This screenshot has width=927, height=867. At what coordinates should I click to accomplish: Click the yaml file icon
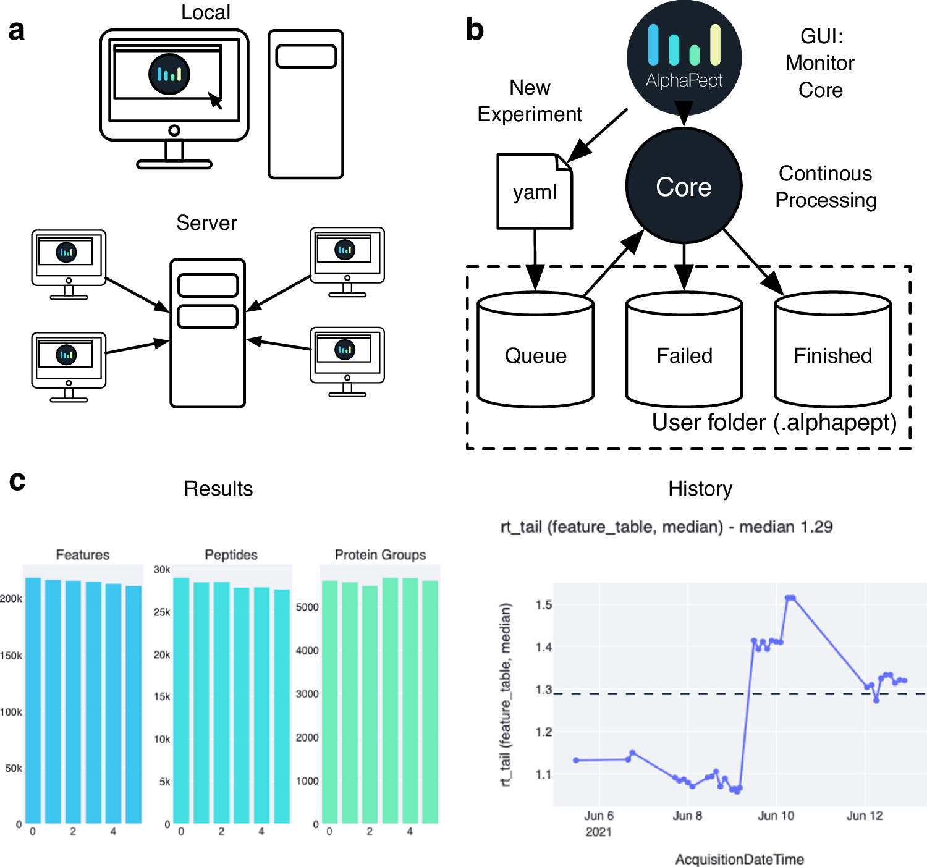tap(535, 192)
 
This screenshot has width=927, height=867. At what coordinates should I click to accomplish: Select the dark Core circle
tap(684, 186)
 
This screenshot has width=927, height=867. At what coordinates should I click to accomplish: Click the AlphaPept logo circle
tap(684, 57)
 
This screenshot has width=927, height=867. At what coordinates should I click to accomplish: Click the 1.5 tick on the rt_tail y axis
tap(544, 604)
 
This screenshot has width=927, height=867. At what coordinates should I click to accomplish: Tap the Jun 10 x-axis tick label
tap(776, 816)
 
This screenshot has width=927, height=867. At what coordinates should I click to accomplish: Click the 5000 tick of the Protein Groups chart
tap(307, 607)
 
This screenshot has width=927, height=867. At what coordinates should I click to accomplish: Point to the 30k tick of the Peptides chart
tap(162, 570)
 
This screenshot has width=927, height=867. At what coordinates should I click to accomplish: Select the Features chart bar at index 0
tap(33, 700)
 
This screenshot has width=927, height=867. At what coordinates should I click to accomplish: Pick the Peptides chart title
tap(231, 554)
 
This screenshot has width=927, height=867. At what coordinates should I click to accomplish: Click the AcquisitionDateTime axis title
tap(739, 859)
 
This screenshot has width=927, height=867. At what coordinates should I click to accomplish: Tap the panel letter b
tap(475, 30)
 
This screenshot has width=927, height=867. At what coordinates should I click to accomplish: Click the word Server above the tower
tap(206, 223)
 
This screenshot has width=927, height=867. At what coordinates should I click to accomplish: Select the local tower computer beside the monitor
tap(306, 104)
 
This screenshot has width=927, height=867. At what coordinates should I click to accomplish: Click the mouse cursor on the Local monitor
tap(215, 100)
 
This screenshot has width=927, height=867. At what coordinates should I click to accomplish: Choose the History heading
tap(700, 489)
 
